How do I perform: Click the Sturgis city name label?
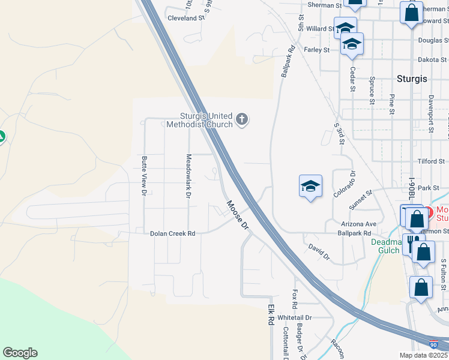click(x=412, y=79)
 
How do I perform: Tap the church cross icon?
click(x=242, y=119)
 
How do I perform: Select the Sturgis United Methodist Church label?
click(x=206, y=121)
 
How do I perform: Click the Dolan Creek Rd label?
click(x=173, y=233)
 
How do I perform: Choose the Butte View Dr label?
click(x=144, y=176)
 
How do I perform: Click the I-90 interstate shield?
click(x=434, y=345)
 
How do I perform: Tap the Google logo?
click(x=20, y=353)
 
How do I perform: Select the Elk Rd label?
click(x=270, y=314)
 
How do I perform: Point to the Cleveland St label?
click(x=187, y=19)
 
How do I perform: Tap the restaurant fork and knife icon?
click(x=412, y=243)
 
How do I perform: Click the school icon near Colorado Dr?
click(x=310, y=187)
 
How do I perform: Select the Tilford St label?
click(x=432, y=161)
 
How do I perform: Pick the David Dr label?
click(x=319, y=251)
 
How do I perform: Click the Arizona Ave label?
click(x=358, y=224)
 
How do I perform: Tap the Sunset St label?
click(x=361, y=199)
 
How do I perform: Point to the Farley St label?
click(x=317, y=50)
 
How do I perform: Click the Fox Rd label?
click(x=295, y=295)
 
